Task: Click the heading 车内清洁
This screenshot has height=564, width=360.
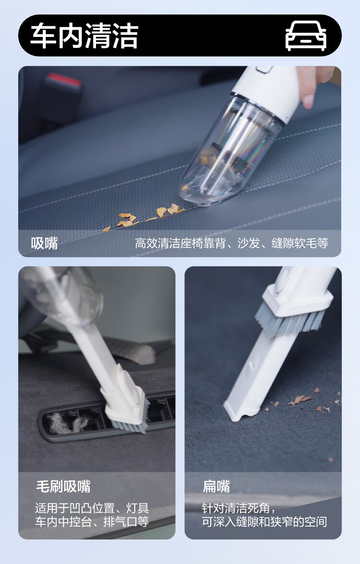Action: click(x=84, y=35)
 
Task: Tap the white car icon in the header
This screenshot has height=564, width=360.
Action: click(x=306, y=35)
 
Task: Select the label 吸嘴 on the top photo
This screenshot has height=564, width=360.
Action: click(x=44, y=244)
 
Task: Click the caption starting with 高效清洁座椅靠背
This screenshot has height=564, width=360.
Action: click(x=231, y=244)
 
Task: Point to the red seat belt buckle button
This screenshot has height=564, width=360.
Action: click(x=64, y=80)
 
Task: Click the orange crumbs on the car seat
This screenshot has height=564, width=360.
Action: click(x=144, y=217)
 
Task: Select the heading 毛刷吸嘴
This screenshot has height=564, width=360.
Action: click(x=63, y=486)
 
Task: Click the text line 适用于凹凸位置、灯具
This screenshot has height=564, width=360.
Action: click(x=92, y=508)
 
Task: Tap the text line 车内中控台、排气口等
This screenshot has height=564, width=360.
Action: click(x=92, y=522)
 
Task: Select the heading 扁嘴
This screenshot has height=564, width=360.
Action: click(x=216, y=486)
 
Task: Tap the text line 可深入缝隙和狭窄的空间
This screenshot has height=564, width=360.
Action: click(x=264, y=522)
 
